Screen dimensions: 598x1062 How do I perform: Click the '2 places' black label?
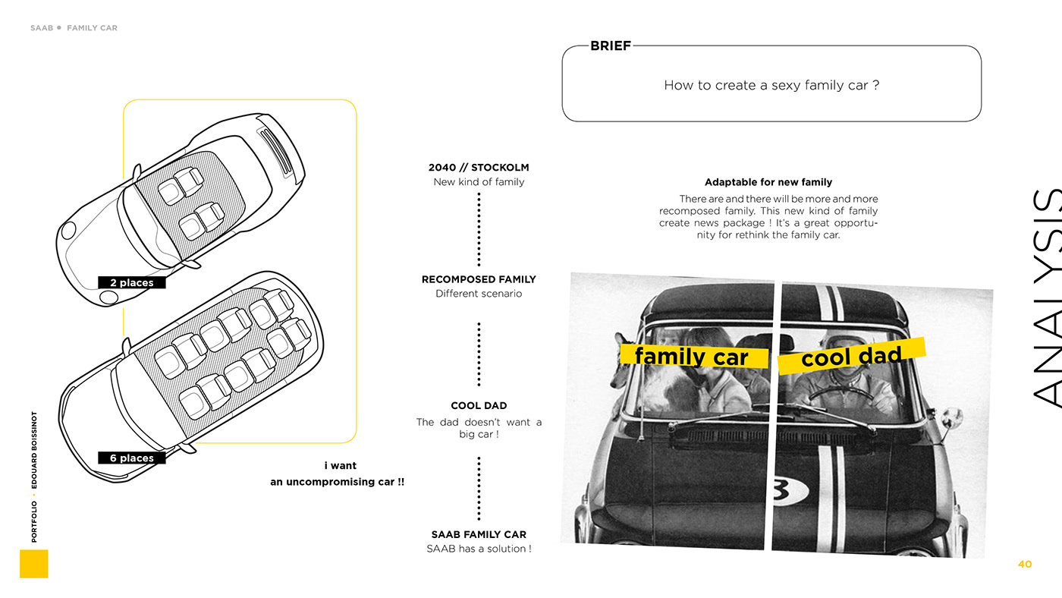point(131,283)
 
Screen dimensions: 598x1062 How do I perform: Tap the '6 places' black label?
point(131,458)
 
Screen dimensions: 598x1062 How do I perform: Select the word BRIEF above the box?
point(611,46)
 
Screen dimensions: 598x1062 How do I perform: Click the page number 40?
point(1025,565)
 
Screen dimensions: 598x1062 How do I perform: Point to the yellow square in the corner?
point(33,564)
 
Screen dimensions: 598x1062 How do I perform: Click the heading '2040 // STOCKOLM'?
point(479,168)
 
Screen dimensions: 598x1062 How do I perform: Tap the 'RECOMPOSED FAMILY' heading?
point(479,279)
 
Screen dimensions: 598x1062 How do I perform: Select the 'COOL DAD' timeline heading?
point(479,406)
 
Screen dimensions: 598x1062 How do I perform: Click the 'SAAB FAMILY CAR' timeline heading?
point(479,535)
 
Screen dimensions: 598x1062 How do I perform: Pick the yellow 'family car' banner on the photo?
point(692,356)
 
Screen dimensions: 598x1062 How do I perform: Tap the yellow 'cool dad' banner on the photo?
point(852,356)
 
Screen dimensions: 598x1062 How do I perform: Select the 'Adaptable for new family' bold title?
point(768,182)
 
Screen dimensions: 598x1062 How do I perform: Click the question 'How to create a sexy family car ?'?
point(771,86)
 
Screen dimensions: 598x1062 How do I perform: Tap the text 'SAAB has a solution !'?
point(479,549)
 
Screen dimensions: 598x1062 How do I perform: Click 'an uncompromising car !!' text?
point(338,482)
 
